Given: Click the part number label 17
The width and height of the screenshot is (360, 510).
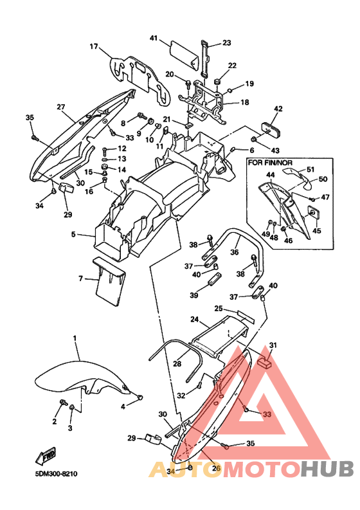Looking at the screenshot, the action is click(x=94, y=47).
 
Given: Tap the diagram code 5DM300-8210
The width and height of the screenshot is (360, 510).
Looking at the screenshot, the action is click(x=57, y=473).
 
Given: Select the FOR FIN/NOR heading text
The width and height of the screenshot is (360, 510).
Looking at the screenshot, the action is click(x=270, y=162).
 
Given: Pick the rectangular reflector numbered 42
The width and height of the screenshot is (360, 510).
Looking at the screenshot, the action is click(x=271, y=129).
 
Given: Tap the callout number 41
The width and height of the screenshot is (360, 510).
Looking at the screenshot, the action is click(x=154, y=38).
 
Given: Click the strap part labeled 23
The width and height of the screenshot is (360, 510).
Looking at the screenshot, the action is click(x=205, y=58).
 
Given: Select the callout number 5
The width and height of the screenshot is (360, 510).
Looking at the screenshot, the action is click(x=73, y=234).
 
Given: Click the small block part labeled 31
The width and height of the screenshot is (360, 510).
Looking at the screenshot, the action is click(x=265, y=362).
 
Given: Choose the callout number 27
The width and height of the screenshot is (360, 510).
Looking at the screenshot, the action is click(x=61, y=107).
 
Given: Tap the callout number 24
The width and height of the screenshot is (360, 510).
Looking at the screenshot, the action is click(x=195, y=320).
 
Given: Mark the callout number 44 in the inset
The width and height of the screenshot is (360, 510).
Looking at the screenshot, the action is click(x=271, y=175).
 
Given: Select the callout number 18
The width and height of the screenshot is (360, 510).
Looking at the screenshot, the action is click(x=244, y=102).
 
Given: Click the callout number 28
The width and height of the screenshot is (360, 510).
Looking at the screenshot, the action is click(x=177, y=363).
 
